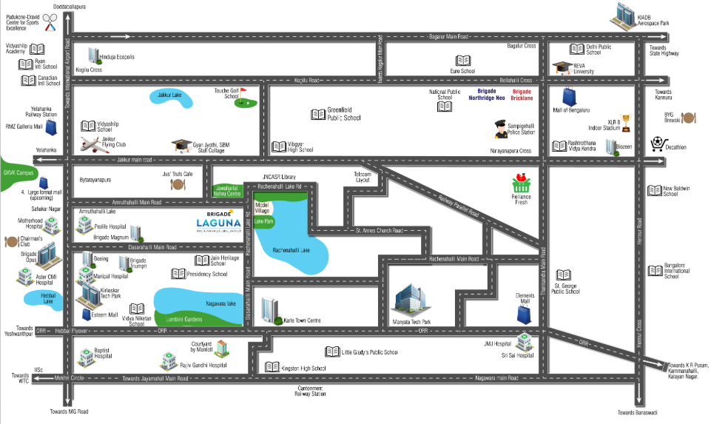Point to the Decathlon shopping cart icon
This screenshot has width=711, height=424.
click(658, 143)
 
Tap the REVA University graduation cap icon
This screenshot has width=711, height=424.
click(562, 68)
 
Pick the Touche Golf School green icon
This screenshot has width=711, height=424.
click(243, 100)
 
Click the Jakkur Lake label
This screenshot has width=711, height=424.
click(169, 95)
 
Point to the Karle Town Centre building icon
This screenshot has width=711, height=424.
click(270, 311)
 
